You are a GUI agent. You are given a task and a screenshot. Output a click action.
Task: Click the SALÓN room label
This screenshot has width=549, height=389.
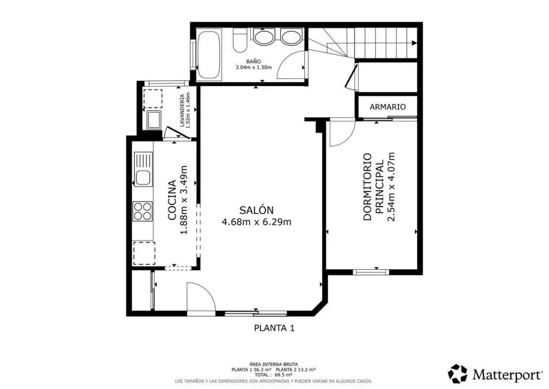(x=257, y=210)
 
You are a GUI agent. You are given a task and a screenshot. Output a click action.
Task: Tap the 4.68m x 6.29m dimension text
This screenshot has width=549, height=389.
(x=257, y=222)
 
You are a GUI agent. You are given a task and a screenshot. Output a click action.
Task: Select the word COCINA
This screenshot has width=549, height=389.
(x=172, y=200)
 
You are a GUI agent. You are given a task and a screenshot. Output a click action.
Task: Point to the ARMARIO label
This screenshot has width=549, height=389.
(x=388, y=107)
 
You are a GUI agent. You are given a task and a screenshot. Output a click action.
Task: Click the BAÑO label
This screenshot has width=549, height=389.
(x=254, y=62)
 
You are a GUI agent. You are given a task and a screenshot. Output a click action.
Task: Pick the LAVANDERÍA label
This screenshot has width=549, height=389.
(x=182, y=111)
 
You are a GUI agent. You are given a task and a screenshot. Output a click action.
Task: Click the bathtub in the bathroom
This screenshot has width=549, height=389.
(x=209, y=54)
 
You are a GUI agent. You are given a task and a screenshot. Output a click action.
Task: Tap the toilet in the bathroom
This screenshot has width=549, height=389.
(x=240, y=40)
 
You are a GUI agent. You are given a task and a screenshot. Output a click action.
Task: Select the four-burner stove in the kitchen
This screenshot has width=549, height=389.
(x=142, y=212)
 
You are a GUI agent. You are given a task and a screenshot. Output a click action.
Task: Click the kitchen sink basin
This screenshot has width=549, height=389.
(x=143, y=177)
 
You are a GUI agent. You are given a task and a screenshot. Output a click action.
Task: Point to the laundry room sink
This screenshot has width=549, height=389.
(x=154, y=120)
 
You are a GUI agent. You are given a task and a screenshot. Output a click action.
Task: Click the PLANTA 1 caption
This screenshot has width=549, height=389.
(x=274, y=328)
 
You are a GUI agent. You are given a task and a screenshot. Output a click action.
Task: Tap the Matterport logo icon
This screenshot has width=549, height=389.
(x=458, y=374)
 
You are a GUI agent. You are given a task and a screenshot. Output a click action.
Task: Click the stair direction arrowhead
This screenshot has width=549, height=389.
(x=414, y=43)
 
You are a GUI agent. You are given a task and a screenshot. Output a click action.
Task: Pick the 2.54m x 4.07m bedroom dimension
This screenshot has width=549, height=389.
(x=391, y=187)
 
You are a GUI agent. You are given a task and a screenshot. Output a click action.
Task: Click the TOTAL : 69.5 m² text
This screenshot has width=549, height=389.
(x=274, y=375)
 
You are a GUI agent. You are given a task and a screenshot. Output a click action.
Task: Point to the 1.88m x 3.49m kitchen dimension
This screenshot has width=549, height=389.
(x=184, y=200)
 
